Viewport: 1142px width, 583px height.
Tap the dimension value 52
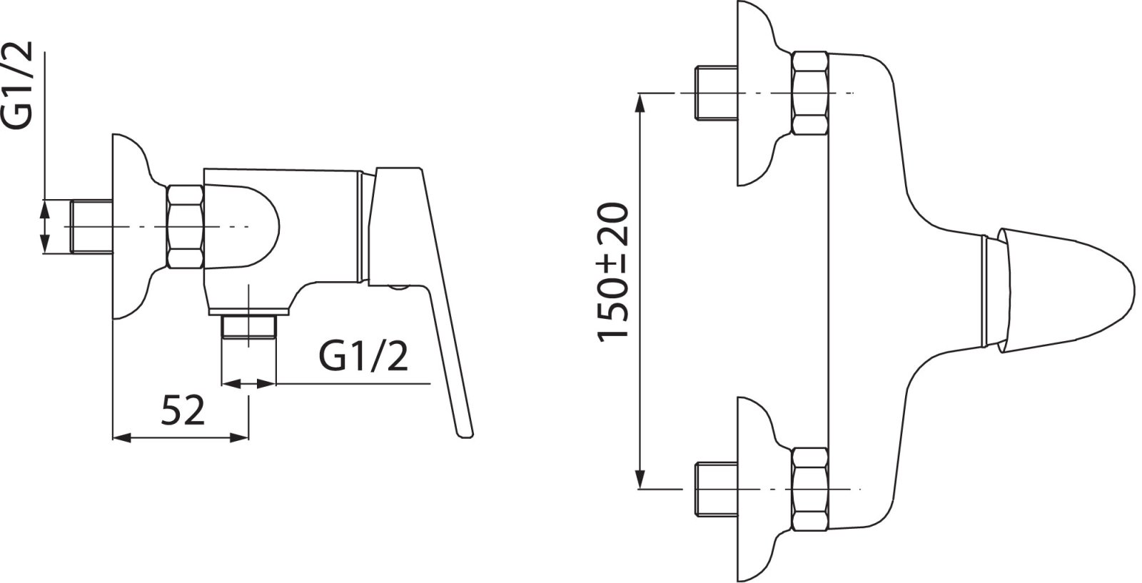(x=183, y=410)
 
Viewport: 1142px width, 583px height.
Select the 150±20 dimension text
(x=613, y=273)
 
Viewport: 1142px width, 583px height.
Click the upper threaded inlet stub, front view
(x=717, y=93)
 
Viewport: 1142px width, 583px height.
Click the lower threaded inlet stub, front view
(x=717, y=490)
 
